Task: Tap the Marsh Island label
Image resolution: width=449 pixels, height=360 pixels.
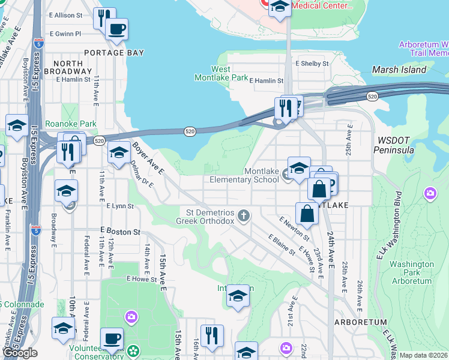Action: coord(399,70)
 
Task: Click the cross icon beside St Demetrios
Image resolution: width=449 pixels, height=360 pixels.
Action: coord(243,215)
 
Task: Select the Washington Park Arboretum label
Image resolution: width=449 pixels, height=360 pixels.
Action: coord(411,272)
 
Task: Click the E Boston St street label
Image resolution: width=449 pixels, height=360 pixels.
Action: coord(120,230)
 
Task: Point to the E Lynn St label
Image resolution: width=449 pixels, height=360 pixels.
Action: coord(119,206)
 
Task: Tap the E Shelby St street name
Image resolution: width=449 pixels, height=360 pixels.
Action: coord(312,63)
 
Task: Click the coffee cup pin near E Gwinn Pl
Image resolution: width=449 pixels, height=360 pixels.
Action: coord(116,29)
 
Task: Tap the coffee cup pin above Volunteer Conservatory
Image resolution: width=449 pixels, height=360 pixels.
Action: coord(112,338)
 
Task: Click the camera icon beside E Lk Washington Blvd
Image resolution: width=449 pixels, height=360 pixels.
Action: coord(430,193)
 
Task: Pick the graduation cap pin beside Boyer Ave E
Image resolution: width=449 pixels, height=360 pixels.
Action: coord(119,154)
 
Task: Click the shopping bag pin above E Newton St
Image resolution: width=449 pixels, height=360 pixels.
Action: coord(307,214)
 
